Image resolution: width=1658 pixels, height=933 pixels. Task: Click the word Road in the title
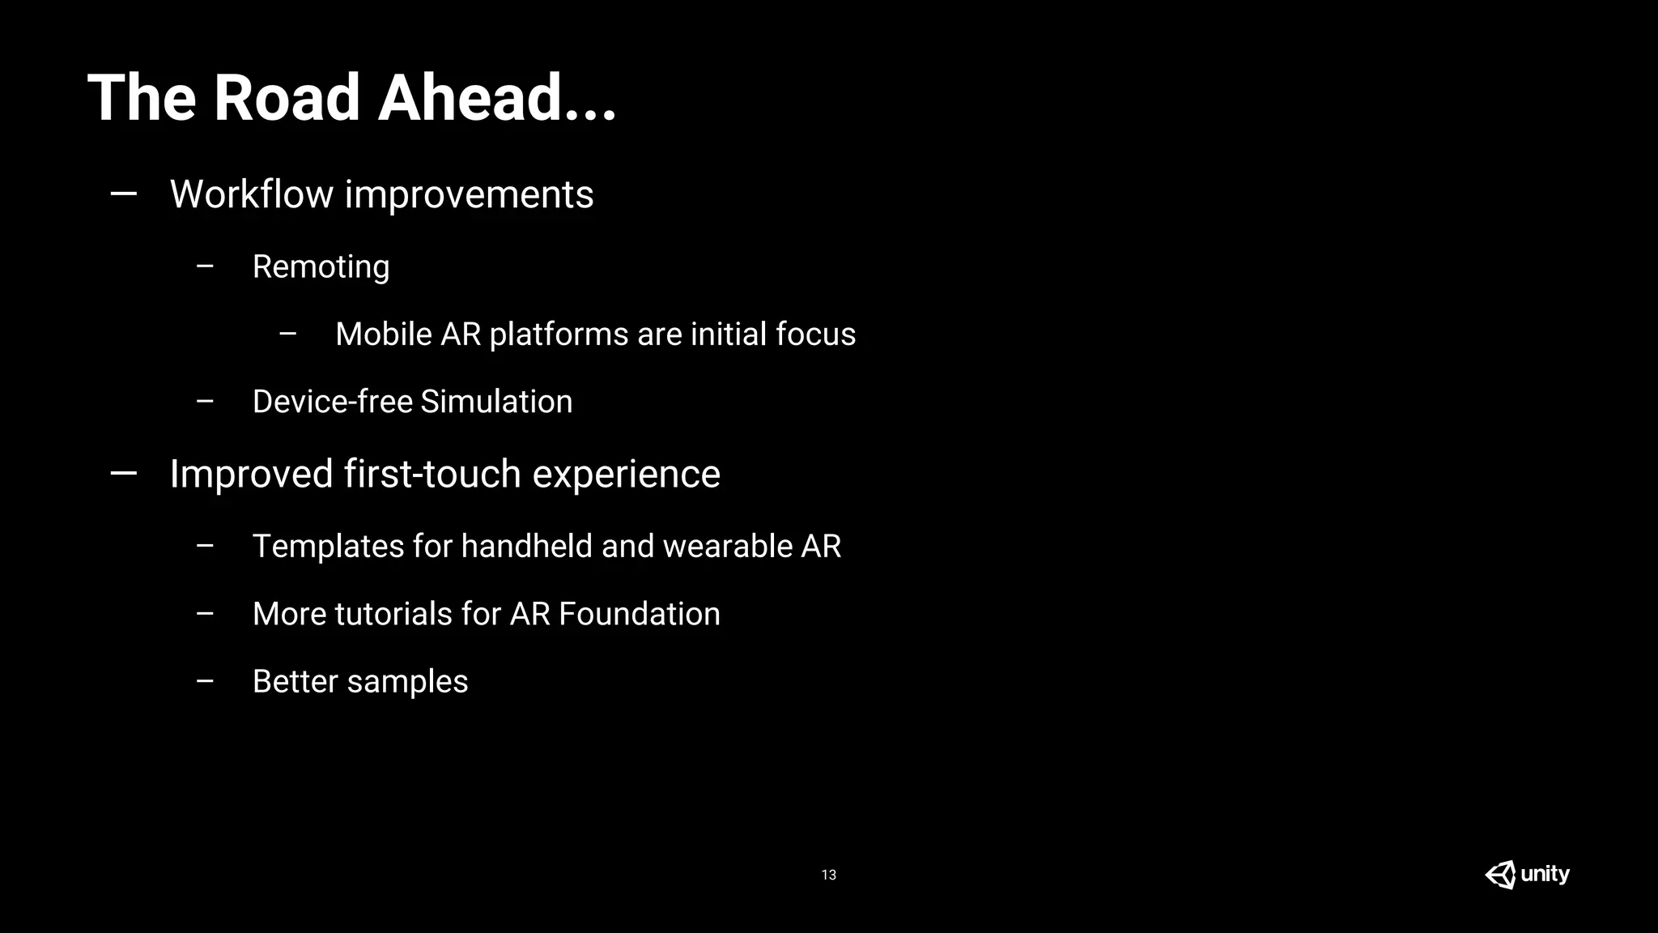point(286,98)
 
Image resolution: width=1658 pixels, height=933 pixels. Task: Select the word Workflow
point(252,194)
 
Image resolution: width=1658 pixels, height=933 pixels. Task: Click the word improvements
point(469,194)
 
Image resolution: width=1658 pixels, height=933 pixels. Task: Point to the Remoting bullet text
point(321,266)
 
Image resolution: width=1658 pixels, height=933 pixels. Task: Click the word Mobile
point(384,334)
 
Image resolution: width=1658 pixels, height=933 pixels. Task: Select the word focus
point(815,334)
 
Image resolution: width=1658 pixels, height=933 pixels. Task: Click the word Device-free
point(332,402)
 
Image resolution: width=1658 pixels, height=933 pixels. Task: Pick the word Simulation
point(496,402)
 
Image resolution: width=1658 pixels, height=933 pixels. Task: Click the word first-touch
point(432,474)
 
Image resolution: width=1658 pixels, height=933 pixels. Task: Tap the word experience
point(626,474)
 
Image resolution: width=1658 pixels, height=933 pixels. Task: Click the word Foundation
point(639,614)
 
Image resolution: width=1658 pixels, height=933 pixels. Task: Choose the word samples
point(407,682)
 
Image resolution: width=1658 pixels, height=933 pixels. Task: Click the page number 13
point(828,875)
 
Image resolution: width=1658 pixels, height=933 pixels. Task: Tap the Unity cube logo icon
point(1500,875)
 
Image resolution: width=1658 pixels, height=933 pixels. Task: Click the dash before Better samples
point(205,681)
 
